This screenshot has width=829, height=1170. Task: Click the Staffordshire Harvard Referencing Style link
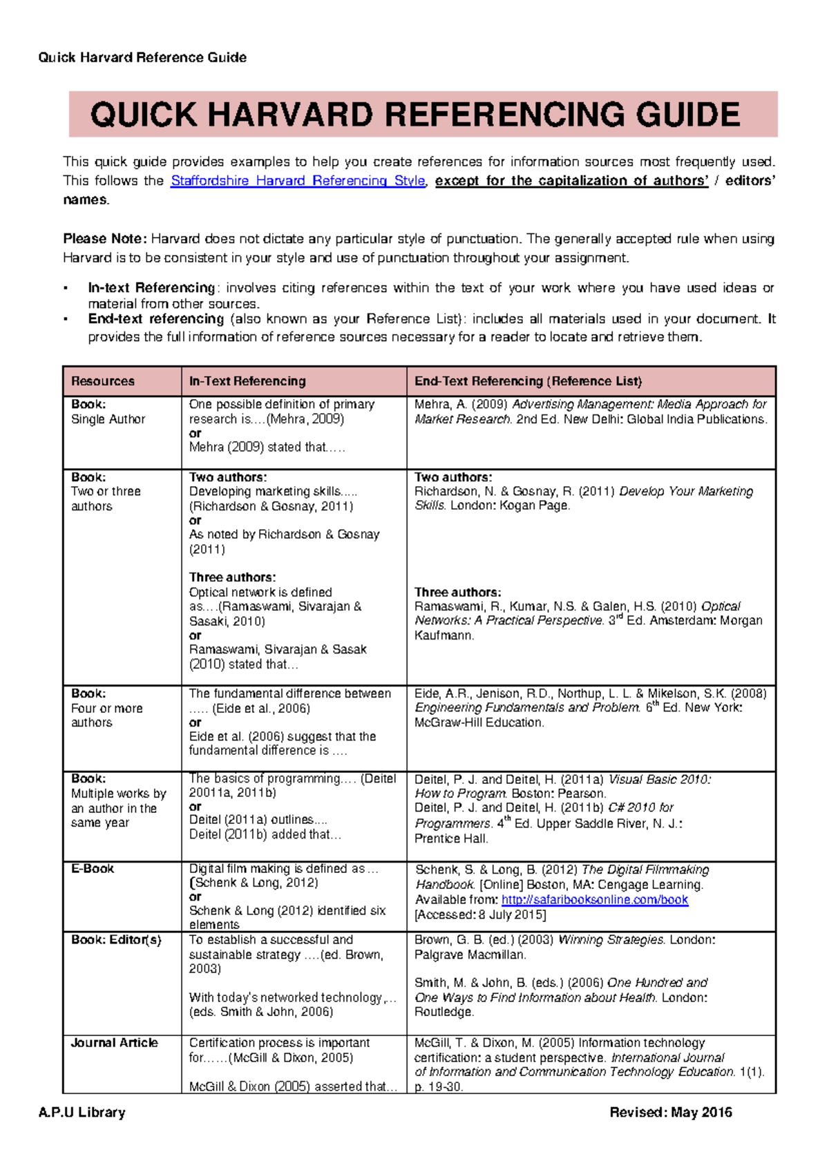tap(298, 181)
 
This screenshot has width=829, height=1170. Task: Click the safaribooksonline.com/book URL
tap(595, 900)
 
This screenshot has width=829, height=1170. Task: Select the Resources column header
tap(103, 381)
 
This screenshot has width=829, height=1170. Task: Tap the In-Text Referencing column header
tap(247, 381)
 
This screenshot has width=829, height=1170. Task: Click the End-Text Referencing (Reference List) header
tap(528, 381)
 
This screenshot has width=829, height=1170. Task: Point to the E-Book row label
tap(93, 869)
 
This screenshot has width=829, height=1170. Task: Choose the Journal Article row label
tap(115, 1043)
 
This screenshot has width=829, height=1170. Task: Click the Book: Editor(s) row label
tap(116, 940)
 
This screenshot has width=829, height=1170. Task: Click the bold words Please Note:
tap(105, 239)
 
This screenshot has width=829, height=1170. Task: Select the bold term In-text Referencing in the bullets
tap(151, 288)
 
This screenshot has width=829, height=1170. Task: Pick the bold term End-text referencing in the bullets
tap(156, 319)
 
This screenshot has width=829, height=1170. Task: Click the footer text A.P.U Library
tap(82, 1113)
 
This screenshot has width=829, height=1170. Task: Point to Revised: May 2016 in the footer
tap(670, 1113)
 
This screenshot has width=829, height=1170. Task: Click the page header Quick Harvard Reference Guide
tap(142, 57)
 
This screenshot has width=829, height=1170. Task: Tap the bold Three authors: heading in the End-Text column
tap(457, 593)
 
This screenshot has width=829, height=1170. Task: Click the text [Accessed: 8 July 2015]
tap(480, 915)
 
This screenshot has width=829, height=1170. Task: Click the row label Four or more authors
tap(106, 716)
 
